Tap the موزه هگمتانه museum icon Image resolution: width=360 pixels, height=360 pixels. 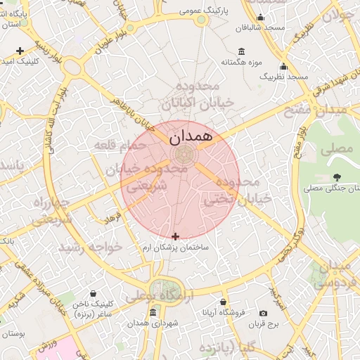point(242,51)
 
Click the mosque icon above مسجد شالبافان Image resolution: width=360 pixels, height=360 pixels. point(261,18)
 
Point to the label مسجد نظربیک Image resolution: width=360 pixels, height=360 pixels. point(284,75)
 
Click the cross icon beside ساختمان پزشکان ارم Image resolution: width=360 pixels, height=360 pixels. point(175,236)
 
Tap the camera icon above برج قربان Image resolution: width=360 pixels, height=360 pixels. point(263,313)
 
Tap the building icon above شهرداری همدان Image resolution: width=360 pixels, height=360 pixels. point(153,313)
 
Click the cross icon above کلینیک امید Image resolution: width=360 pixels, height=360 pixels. point(20,51)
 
